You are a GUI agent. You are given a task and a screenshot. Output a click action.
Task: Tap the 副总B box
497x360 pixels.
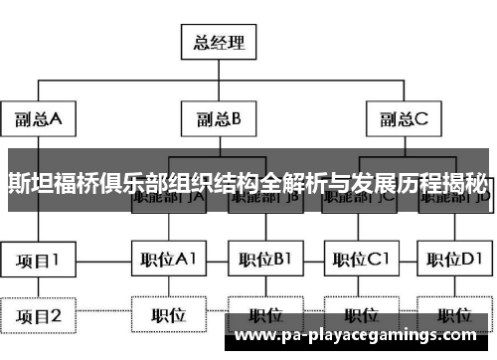pyautogui.click(x=219, y=119)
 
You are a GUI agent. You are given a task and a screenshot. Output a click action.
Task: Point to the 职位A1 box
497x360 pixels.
pyautogui.click(x=169, y=262)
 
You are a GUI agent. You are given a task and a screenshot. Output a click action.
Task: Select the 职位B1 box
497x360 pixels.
pyautogui.click(x=264, y=262)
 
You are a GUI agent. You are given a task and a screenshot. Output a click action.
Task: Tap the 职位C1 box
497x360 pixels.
pyautogui.click(x=360, y=262)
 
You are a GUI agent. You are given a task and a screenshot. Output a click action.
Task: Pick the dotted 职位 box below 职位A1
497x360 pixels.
pyautogui.click(x=169, y=317)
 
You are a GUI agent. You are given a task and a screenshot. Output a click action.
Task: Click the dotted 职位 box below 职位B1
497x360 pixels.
pyautogui.click(x=264, y=317)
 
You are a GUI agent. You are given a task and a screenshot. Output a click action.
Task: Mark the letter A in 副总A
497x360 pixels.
pyautogui.click(x=57, y=119)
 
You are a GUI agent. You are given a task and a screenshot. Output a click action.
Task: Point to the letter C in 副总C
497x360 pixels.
pyautogui.click(x=421, y=119)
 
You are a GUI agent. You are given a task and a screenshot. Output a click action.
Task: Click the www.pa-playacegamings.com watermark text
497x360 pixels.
pyautogui.click(x=364, y=338)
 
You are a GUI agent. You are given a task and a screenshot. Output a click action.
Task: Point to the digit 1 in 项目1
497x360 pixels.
pyautogui.click(x=57, y=262)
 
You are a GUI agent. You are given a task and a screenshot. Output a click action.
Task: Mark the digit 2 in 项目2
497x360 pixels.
pyautogui.click(x=57, y=317)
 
